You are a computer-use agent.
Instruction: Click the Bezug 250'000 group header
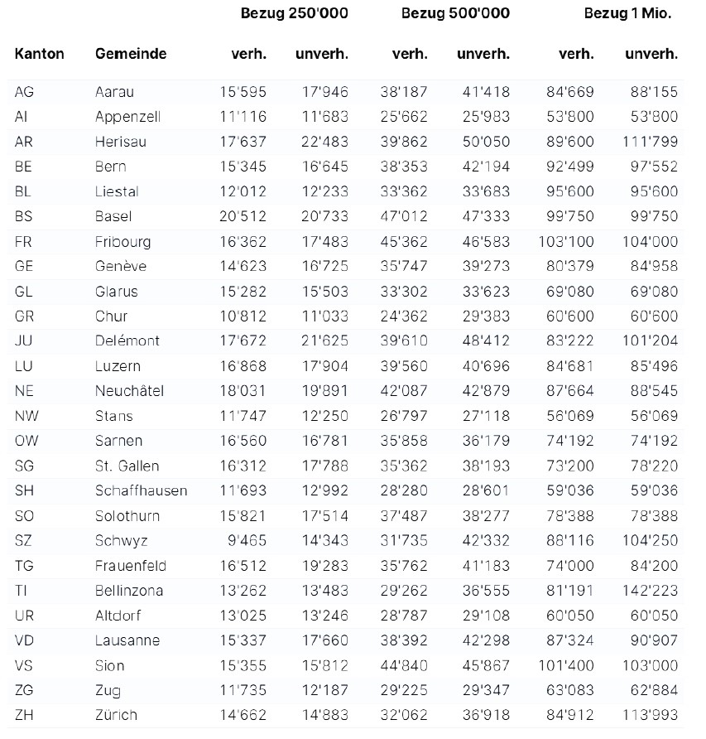click(x=294, y=13)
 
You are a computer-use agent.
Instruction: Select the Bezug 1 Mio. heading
click(x=627, y=13)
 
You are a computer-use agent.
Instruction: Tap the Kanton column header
click(x=39, y=54)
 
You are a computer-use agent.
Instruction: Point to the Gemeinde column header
click(x=131, y=54)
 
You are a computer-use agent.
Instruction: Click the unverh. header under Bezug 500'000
click(x=483, y=54)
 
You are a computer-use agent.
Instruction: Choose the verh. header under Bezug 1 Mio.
click(x=576, y=54)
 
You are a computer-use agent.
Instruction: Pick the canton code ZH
click(x=25, y=715)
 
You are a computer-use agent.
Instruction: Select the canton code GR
click(x=25, y=316)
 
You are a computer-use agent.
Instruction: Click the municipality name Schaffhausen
click(x=141, y=490)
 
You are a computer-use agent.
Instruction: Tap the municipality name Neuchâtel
click(x=129, y=390)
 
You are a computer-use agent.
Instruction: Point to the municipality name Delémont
click(x=127, y=341)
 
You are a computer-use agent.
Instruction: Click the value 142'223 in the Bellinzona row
click(x=650, y=591)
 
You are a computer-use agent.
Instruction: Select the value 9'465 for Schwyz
click(x=247, y=540)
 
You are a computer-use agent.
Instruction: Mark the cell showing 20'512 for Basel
click(x=244, y=216)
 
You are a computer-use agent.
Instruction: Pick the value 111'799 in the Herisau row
click(x=650, y=142)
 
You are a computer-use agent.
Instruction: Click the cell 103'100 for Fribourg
click(x=567, y=241)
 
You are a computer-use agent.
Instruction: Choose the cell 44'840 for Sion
click(x=405, y=665)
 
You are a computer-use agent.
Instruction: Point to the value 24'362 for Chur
click(x=405, y=316)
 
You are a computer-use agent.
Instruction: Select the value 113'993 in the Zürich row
click(x=650, y=715)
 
